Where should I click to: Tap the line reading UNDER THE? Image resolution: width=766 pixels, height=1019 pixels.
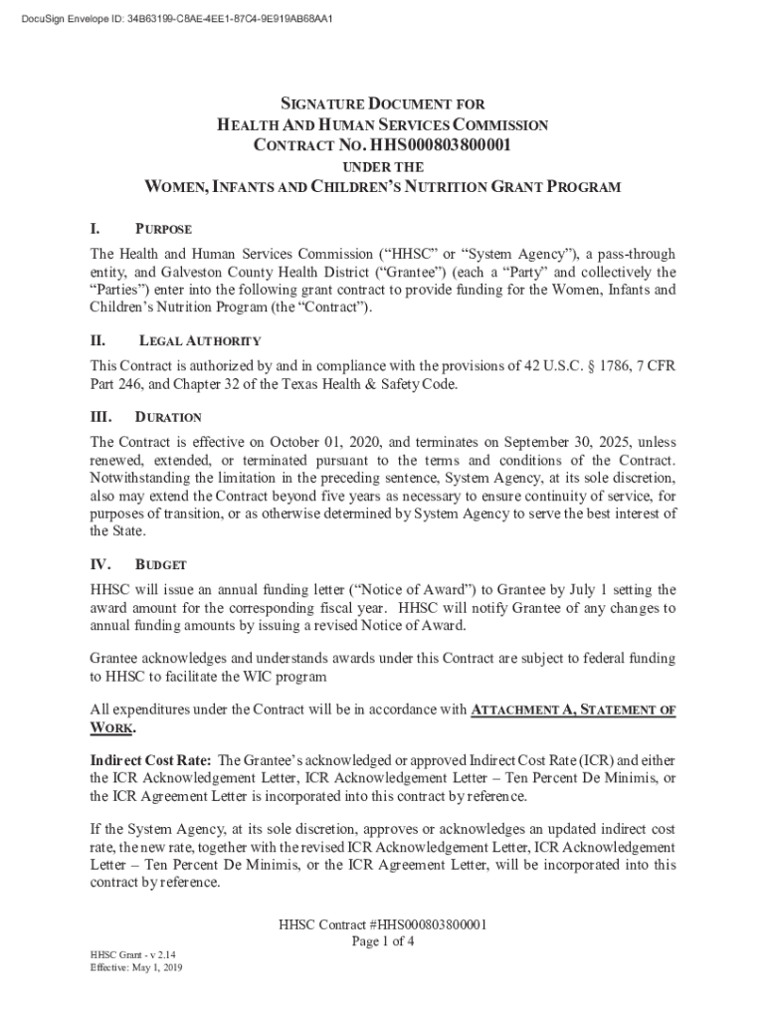pos(383,167)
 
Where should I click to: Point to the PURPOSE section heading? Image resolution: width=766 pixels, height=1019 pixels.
pos(164,230)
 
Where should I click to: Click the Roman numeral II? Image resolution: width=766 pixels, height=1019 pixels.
pos(98,340)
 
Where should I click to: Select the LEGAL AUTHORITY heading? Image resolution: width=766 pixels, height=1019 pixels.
pos(199,341)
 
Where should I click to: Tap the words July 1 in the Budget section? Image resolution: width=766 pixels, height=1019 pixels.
pos(543,589)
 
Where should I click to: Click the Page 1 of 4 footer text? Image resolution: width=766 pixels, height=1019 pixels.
pos(383,941)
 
